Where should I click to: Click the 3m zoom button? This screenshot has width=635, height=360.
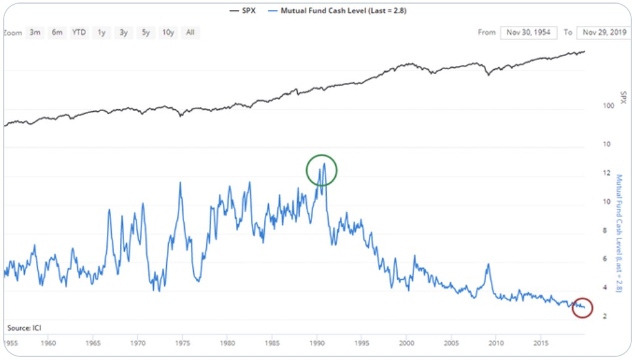point(35,33)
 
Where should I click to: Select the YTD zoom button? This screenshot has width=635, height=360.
point(79,33)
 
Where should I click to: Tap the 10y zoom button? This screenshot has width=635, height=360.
point(168,33)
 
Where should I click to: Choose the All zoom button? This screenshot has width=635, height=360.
point(190,33)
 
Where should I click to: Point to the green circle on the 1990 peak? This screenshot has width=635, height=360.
point(322,170)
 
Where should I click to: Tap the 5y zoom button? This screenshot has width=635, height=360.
point(145,33)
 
